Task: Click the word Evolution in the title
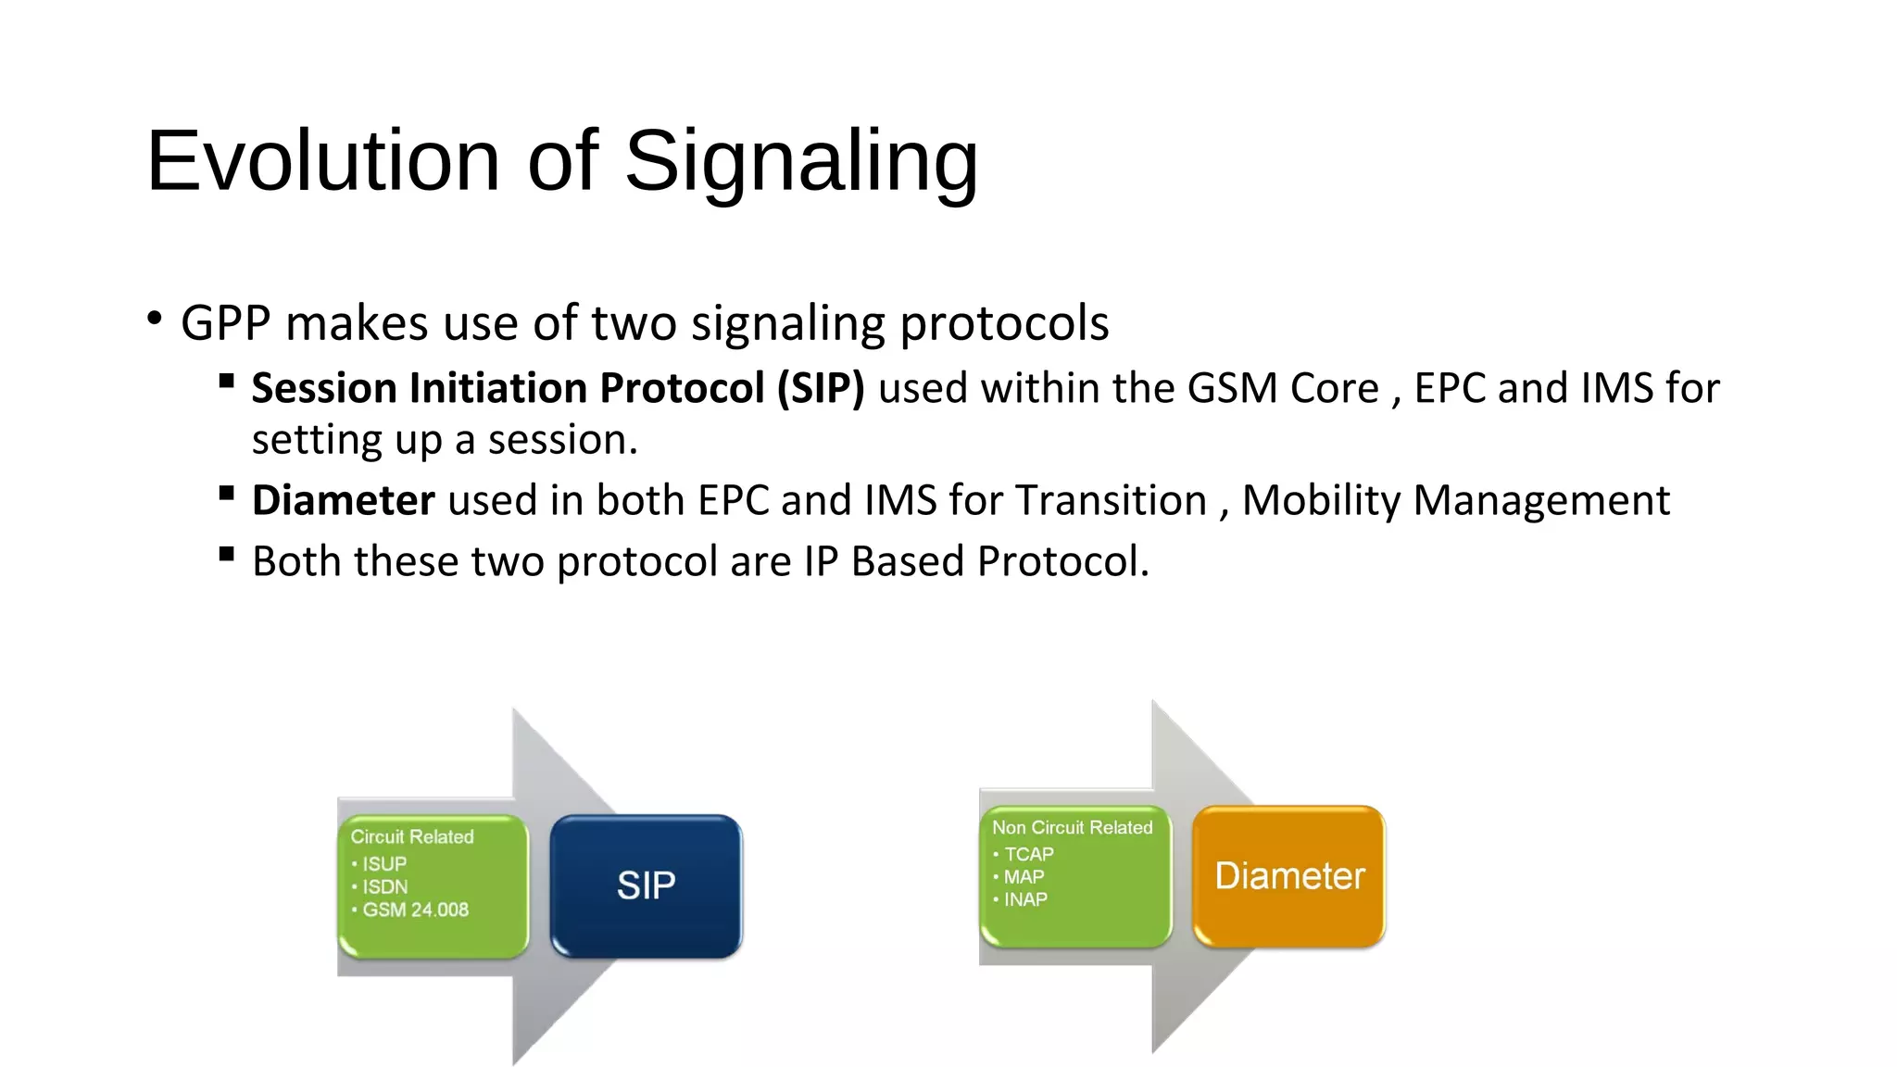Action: click(x=323, y=161)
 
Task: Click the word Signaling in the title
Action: click(x=801, y=161)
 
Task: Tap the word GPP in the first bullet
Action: click(x=226, y=324)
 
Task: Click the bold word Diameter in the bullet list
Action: click(x=344, y=501)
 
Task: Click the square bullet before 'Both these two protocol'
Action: click(x=227, y=555)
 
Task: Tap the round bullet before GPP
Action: click(x=155, y=319)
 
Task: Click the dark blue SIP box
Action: click(x=646, y=885)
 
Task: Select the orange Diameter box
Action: click(x=1288, y=876)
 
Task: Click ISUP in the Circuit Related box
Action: click(x=384, y=864)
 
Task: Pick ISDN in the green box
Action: click(x=384, y=887)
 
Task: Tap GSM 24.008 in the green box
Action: click(x=415, y=910)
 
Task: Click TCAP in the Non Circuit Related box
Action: click(x=1028, y=854)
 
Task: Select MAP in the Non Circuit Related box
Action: click(x=1024, y=877)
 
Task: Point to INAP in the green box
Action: click(x=1025, y=899)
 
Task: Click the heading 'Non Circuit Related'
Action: click(x=1072, y=827)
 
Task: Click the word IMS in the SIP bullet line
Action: click(x=1618, y=388)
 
